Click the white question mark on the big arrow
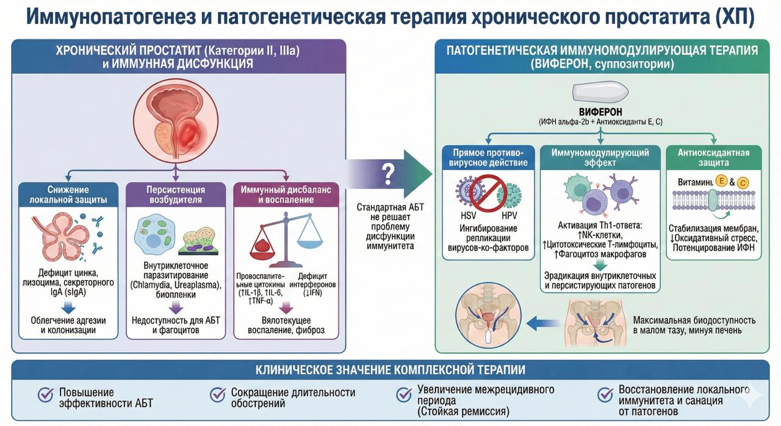click(388, 174)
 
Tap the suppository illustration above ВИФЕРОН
click(600, 92)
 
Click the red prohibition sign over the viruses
click(488, 193)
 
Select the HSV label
click(468, 216)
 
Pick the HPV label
click(509, 216)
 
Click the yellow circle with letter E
click(721, 181)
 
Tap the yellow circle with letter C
click(743, 183)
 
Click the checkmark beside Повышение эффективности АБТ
click(45, 395)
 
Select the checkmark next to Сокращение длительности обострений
click(218, 395)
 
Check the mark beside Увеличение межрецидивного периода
click(404, 395)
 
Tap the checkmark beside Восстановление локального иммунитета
click(605, 395)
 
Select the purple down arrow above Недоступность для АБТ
click(176, 308)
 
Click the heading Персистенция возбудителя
click(176, 195)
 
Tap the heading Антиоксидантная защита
click(713, 157)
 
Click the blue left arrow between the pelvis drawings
click(543, 323)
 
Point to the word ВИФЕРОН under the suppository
click(600, 112)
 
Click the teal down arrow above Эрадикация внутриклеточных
click(600, 265)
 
